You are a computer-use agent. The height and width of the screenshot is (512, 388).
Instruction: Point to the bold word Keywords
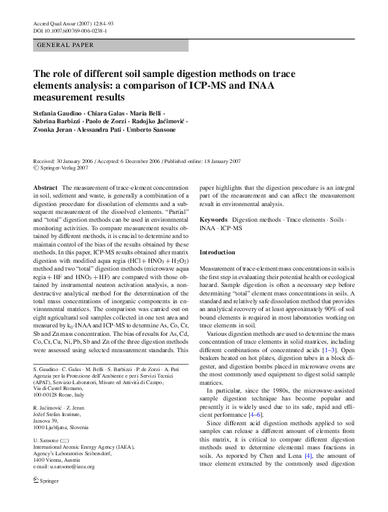click(213, 220)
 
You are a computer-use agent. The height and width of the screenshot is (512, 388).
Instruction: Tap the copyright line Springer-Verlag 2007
click(60, 167)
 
